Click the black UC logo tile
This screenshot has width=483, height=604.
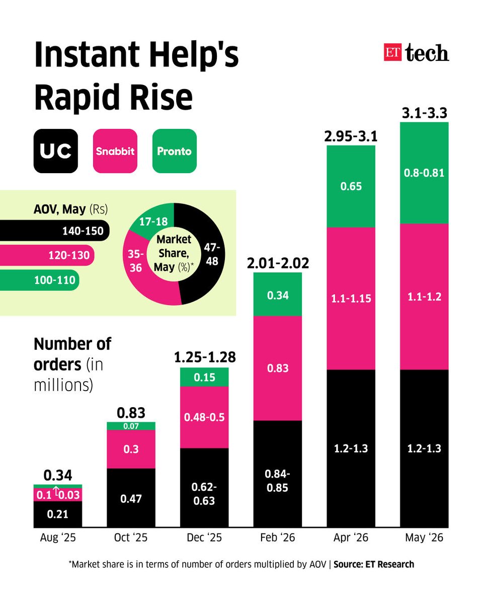coord(55,151)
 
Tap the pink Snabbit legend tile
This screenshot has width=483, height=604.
coord(115,151)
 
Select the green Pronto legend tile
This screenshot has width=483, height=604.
coord(174,151)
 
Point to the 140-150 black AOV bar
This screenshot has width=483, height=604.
coord(55,231)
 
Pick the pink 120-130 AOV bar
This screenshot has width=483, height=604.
coord(47,255)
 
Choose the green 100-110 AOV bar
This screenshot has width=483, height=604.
coord(39,280)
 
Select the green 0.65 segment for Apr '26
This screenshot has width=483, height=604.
coord(351,186)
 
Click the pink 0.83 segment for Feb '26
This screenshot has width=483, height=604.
coord(278,368)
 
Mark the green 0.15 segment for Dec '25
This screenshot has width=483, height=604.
coord(204,377)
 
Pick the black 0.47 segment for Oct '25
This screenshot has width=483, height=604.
coord(131,498)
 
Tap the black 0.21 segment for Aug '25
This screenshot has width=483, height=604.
coord(58,514)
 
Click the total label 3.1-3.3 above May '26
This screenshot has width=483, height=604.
coord(424,113)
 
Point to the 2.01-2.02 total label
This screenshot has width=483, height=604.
coord(278,263)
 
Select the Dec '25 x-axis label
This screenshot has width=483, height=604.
coord(204,538)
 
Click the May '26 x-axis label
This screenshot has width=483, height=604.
coord(424,538)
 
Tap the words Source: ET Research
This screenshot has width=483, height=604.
coord(374,564)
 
